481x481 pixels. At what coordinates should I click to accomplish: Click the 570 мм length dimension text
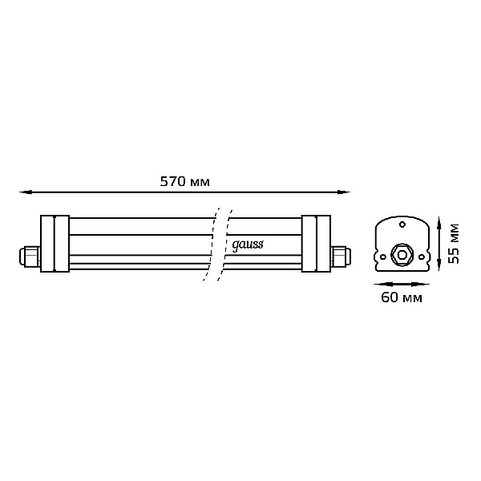[x=185, y=182]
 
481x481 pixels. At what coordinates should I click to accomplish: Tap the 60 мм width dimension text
[x=402, y=297]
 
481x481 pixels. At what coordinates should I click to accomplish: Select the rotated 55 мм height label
[x=454, y=244]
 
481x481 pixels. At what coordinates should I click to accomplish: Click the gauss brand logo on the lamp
[x=247, y=245]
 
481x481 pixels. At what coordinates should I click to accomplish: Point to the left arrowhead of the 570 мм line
[x=25, y=192]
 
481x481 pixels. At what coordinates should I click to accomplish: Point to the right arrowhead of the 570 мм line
[x=344, y=192]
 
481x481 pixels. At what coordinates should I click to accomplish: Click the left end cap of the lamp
[x=55, y=244]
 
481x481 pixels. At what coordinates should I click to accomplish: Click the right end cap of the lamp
[x=316, y=244]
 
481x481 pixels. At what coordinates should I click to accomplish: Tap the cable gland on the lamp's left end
[x=30, y=257]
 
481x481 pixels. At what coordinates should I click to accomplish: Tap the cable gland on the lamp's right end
[x=341, y=257]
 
